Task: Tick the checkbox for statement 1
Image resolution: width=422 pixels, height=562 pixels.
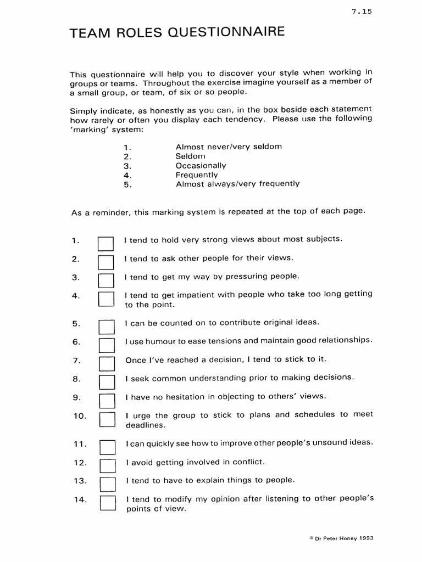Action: tap(105, 243)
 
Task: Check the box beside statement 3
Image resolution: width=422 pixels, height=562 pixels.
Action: tap(105, 280)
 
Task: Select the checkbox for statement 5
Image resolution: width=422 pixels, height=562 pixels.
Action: tap(106, 327)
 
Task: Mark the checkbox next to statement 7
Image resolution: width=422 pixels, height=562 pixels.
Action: tap(106, 363)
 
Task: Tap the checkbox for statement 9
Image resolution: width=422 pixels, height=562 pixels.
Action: tap(106, 400)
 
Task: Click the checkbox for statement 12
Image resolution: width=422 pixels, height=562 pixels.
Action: tap(107, 465)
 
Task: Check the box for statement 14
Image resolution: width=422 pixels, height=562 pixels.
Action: tap(107, 503)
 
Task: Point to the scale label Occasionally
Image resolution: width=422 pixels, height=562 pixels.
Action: tap(201, 165)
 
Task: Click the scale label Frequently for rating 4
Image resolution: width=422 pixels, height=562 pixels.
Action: tap(197, 175)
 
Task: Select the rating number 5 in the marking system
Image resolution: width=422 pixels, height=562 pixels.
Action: tap(126, 184)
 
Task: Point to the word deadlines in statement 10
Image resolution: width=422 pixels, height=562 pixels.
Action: tap(145, 425)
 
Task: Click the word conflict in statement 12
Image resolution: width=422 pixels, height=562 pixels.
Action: tap(248, 462)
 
